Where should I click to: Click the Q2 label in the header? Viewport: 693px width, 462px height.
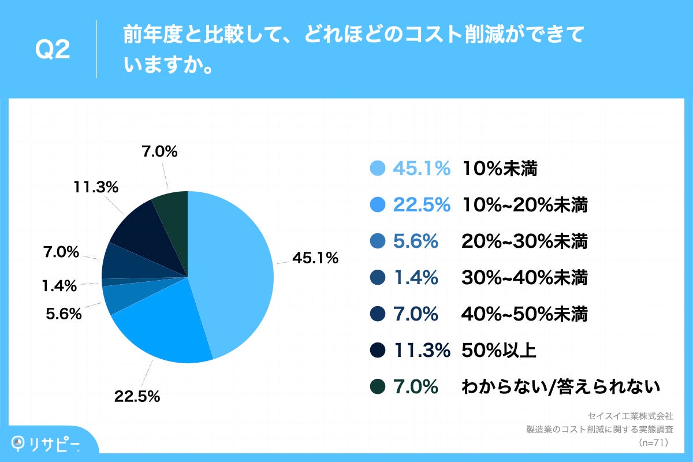[53, 51]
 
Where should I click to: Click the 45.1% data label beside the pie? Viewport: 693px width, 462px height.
[315, 259]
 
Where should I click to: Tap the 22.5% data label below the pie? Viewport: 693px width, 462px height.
[137, 397]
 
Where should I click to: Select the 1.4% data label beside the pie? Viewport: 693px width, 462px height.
[59, 285]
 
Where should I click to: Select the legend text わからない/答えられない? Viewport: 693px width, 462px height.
[560, 387]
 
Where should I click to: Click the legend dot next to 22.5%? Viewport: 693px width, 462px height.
[377, 205]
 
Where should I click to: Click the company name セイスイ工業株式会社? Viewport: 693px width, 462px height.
[630, 416]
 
